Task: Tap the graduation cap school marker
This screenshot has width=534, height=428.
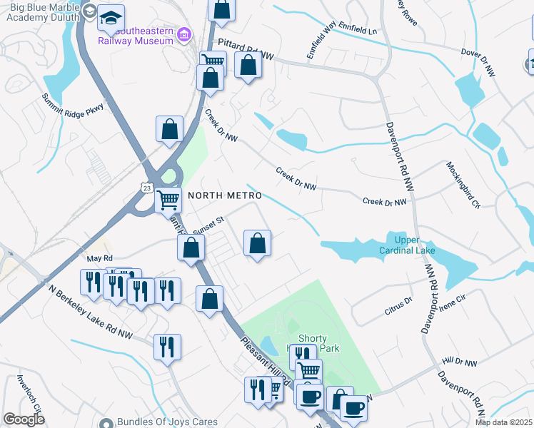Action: click(x=111, y=18)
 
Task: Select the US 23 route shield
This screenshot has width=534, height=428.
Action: click(x=146, y=188)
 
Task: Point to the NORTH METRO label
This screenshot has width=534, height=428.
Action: click(x=225, y=195)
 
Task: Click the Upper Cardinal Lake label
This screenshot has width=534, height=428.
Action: click(x=411, y=245)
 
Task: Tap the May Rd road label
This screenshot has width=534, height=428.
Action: click(x=99, y=258)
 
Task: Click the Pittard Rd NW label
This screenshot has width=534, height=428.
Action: click(x=246, y=49)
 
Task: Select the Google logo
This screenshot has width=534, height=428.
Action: click(x=24, y=419)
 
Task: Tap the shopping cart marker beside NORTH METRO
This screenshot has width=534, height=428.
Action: click(x=168, y=199)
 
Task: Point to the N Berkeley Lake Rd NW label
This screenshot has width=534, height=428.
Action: click(x=91, y=310)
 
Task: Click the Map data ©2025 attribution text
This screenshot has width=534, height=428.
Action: click(x=503, y=422)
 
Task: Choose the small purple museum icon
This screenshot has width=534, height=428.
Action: click(x=184, y=34)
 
